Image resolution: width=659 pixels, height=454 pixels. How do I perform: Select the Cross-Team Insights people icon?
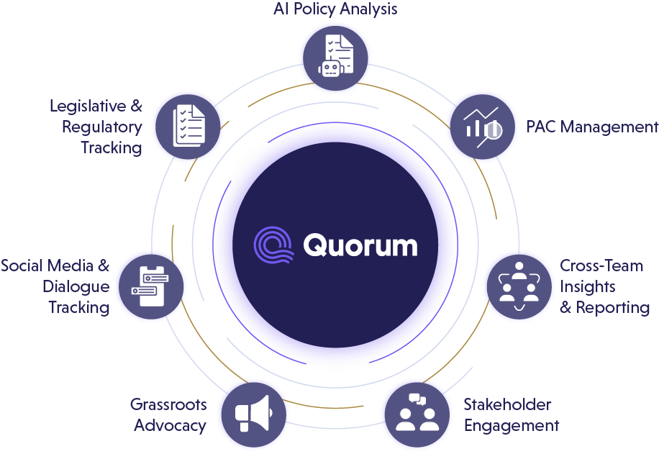pos(518,286)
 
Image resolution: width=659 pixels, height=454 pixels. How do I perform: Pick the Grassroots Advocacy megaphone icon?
pos(253,414)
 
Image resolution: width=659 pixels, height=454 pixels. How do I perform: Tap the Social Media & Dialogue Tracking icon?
pos(152,286)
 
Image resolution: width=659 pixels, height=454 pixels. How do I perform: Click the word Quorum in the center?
pos(360,245)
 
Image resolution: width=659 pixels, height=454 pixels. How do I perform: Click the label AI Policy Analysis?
pos(335,9)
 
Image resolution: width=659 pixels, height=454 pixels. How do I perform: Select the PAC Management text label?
pos(592,127)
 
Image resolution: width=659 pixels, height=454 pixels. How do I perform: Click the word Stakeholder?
pos(507,404)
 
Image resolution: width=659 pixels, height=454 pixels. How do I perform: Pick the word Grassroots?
pos(168,404)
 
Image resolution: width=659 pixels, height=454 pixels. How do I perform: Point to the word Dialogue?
pos(76,286)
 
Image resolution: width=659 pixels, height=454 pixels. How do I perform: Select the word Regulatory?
pos(101,127)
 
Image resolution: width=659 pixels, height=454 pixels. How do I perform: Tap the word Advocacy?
pos(170,425)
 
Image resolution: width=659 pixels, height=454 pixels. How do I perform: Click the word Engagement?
pos(512,425)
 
